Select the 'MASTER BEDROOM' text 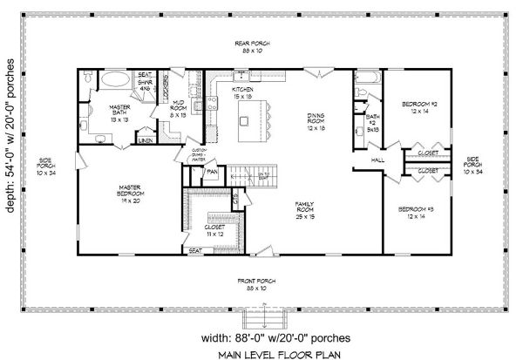[132, 190]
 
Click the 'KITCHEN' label [242, 90]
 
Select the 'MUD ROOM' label [180, 109]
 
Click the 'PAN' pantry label [212, 171]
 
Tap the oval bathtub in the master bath [111, 81]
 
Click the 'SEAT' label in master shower [146, 75]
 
